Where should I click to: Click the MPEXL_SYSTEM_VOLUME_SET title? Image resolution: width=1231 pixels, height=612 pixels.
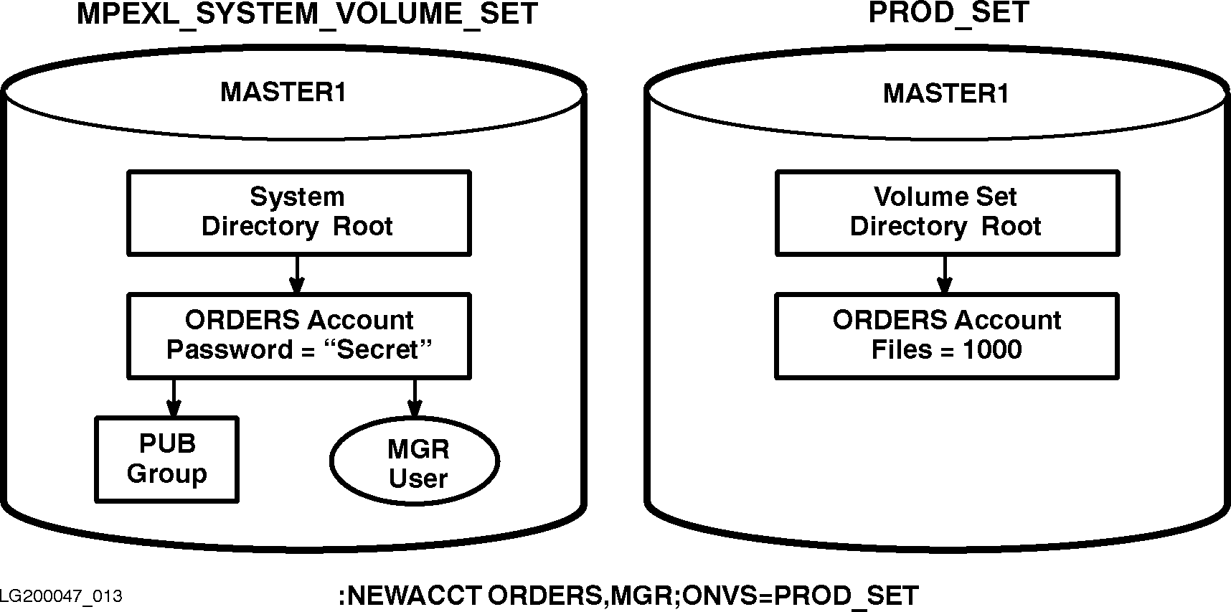(x=307, y=14)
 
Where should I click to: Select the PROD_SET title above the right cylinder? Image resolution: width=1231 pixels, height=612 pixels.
(x=948, y=12)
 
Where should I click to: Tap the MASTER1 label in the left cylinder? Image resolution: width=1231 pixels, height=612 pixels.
(x=283, y=93)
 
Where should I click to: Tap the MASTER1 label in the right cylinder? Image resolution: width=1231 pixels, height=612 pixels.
(x=945, y=94)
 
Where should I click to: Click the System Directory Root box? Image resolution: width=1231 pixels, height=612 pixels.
(x=298, y=212)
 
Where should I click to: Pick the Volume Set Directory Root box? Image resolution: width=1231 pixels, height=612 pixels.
(x=946, y=212)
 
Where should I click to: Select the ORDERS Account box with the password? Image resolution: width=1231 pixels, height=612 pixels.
(x=298, y=335)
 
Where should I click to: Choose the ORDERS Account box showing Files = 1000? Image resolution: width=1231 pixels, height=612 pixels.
(x=946, y=335)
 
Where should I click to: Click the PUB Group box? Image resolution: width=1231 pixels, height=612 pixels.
(x=166, y=459)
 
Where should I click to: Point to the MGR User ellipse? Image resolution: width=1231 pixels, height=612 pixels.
(x=415, y=463)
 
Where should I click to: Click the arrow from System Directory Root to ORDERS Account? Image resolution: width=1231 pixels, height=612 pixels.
(x=296, y=274)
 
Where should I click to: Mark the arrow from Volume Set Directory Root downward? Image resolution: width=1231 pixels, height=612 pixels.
(x=945, y=274)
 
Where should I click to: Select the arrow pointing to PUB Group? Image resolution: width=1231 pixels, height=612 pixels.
(x=173, y=397)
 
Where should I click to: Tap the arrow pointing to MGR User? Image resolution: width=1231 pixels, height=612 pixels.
(x=414, y=397)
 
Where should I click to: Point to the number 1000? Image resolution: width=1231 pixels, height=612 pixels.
(x=992, y=349)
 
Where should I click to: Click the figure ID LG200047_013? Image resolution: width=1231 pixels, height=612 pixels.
(x=61, y=596)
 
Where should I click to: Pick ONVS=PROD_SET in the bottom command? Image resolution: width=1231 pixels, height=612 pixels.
(x=801, y=596)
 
